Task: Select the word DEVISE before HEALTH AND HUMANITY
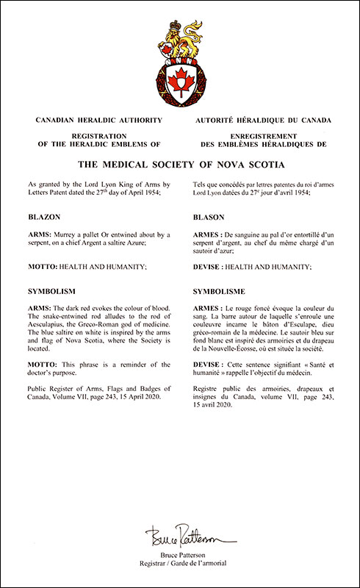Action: [208, 268]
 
